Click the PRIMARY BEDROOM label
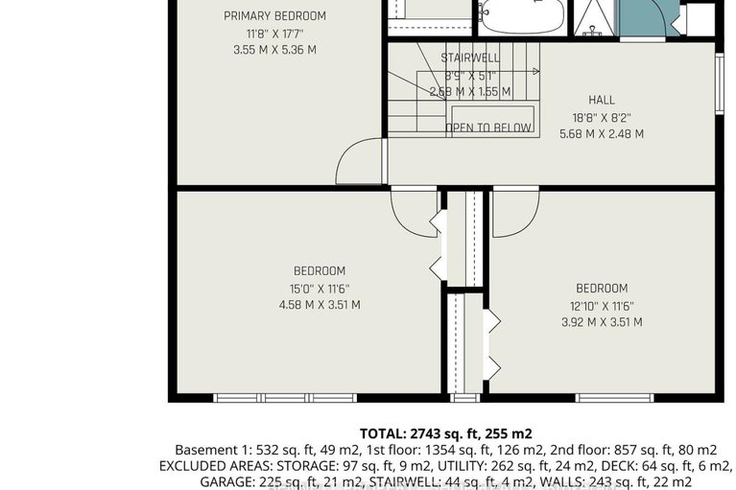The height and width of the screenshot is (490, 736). click(x=274, y=15)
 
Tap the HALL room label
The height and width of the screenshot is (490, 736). click(x=601, y=100)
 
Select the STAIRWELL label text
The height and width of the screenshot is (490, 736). click(x=470, y=58)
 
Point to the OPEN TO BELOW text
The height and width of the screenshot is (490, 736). click(x=488, y=128)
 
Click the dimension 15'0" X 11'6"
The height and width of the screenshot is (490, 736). click(x=319, y=289)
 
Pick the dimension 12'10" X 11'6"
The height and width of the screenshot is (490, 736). click(x=602, y=306)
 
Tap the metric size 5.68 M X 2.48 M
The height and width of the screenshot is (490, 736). click(x=602, y=134)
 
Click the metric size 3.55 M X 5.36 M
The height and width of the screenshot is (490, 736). click(x=274, y=50)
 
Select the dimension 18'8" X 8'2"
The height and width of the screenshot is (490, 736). click(x=601, y=117)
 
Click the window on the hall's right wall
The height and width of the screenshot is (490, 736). click(x=719, y=84)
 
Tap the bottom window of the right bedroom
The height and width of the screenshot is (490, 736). click(x=614, y=397)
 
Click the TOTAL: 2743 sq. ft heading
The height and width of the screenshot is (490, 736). click(x=445, y=433)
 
